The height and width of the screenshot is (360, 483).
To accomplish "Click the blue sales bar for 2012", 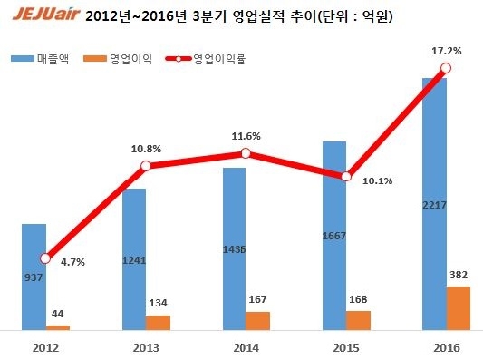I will pyautogui.click(x=34, y=277).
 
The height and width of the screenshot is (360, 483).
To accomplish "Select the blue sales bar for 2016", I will pyautogui.click(x=434, y=204).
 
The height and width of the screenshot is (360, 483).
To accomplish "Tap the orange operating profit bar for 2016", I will pyautogui.click(x=459, y=308).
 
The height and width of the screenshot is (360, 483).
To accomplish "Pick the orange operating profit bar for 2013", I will pyautogui.click(x=159, y=322).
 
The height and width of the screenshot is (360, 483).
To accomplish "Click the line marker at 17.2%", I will pyautogui.click(x=444, y=68).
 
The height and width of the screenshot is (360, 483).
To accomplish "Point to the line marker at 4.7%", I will pyautogui.click(x=45, y=258).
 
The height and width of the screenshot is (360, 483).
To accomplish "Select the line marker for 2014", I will pyautogui.click(x=246, y=153).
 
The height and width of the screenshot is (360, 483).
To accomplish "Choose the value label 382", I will pyautogui.click(x=459, y=274).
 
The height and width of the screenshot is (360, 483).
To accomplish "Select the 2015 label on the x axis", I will pyautogui.click(x=345, y=347).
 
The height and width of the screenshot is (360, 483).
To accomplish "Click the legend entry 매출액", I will pyautogui.click(x=53, y=59).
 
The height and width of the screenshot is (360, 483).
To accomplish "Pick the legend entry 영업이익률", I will pyautogui.click(x=213, y=59).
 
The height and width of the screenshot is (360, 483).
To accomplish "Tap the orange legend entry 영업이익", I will pyautogui.click(x=124, y=59).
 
